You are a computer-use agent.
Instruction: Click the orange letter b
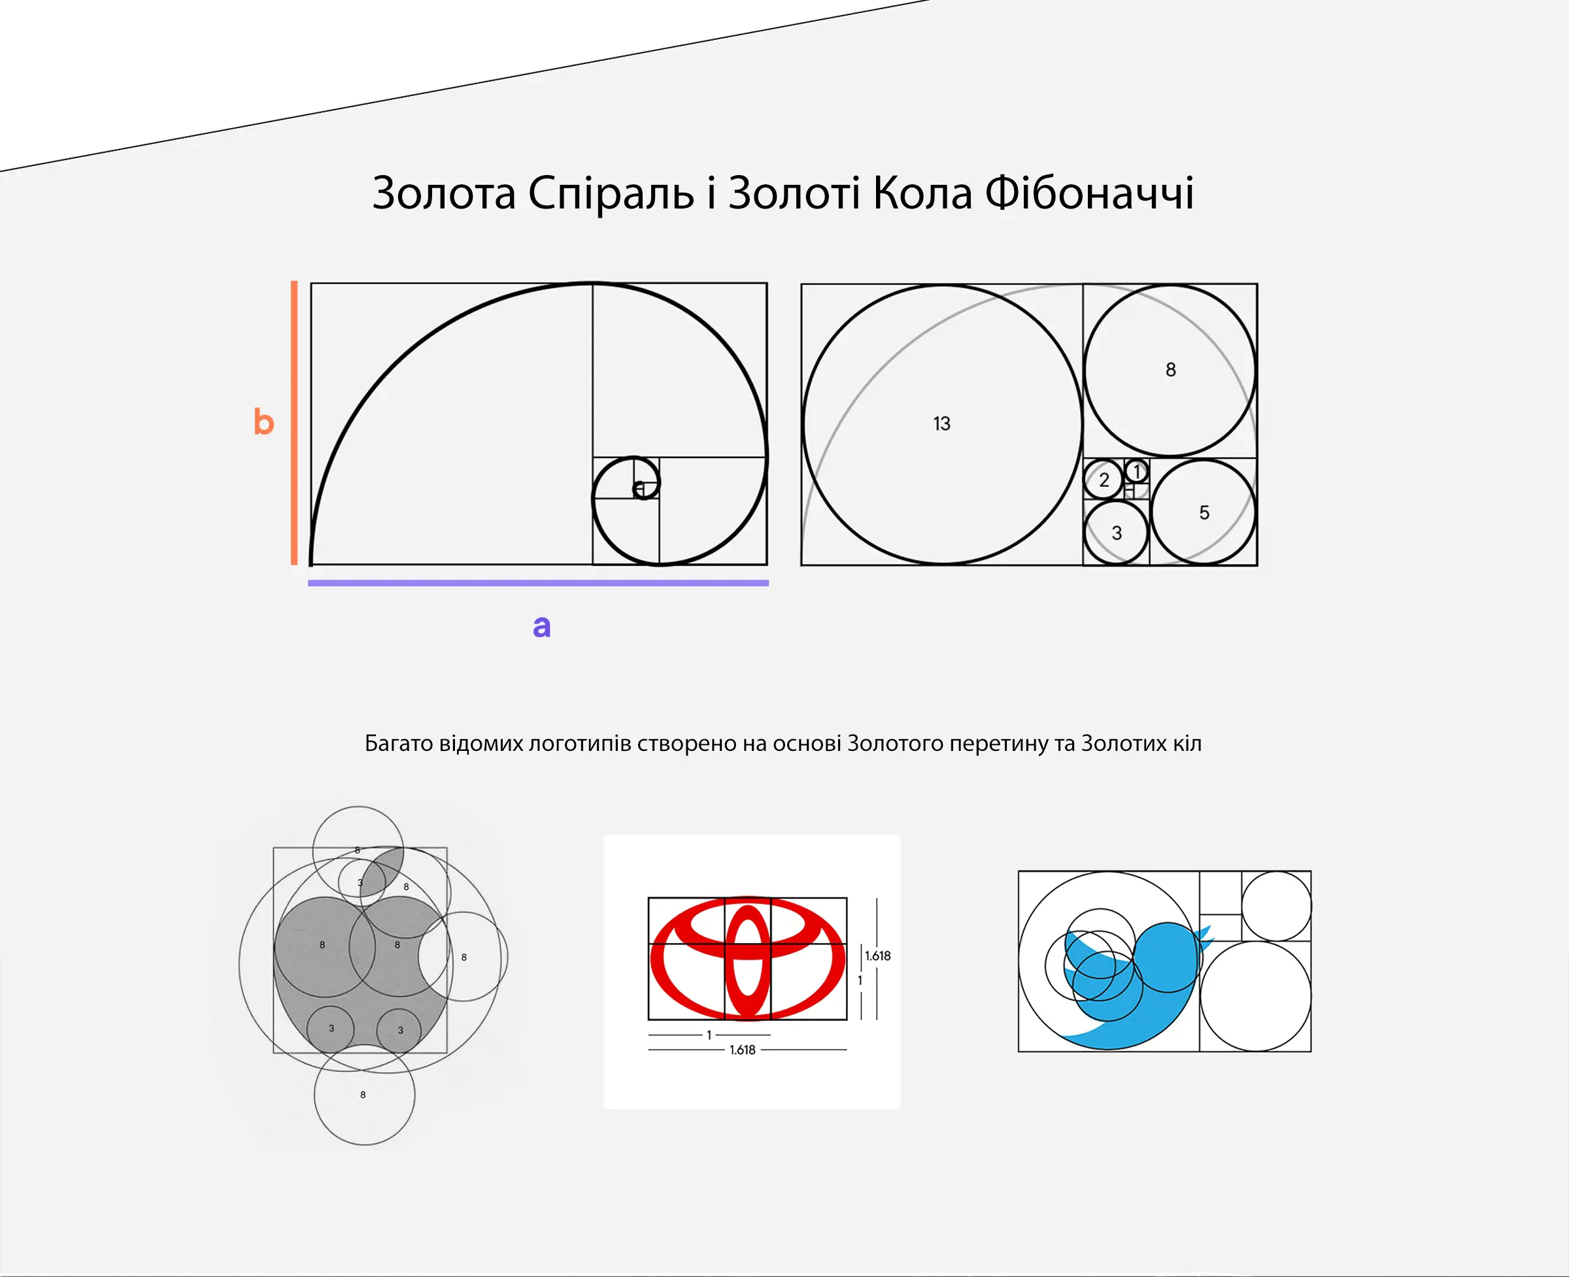point(263,422)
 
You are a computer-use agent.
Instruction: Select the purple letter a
point(542,626)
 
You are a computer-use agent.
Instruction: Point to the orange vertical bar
point(294,422)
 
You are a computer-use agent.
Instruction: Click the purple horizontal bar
point(538,582)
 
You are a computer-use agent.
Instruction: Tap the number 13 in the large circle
point(941,423)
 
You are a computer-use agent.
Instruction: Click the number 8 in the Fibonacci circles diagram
point(1170,369)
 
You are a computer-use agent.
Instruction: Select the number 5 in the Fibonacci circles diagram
point(1204,513)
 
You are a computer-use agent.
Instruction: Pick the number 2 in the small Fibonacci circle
point(1104,480)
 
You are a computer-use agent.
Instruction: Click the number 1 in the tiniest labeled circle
point(1137,471)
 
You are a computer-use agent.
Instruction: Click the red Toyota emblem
point(748,958)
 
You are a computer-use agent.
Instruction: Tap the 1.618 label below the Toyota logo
point(743,1050)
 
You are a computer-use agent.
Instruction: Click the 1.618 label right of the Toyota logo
point(877,955)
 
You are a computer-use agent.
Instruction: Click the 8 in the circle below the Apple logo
point(363,1095)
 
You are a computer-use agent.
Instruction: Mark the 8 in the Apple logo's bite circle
point(464,957)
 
